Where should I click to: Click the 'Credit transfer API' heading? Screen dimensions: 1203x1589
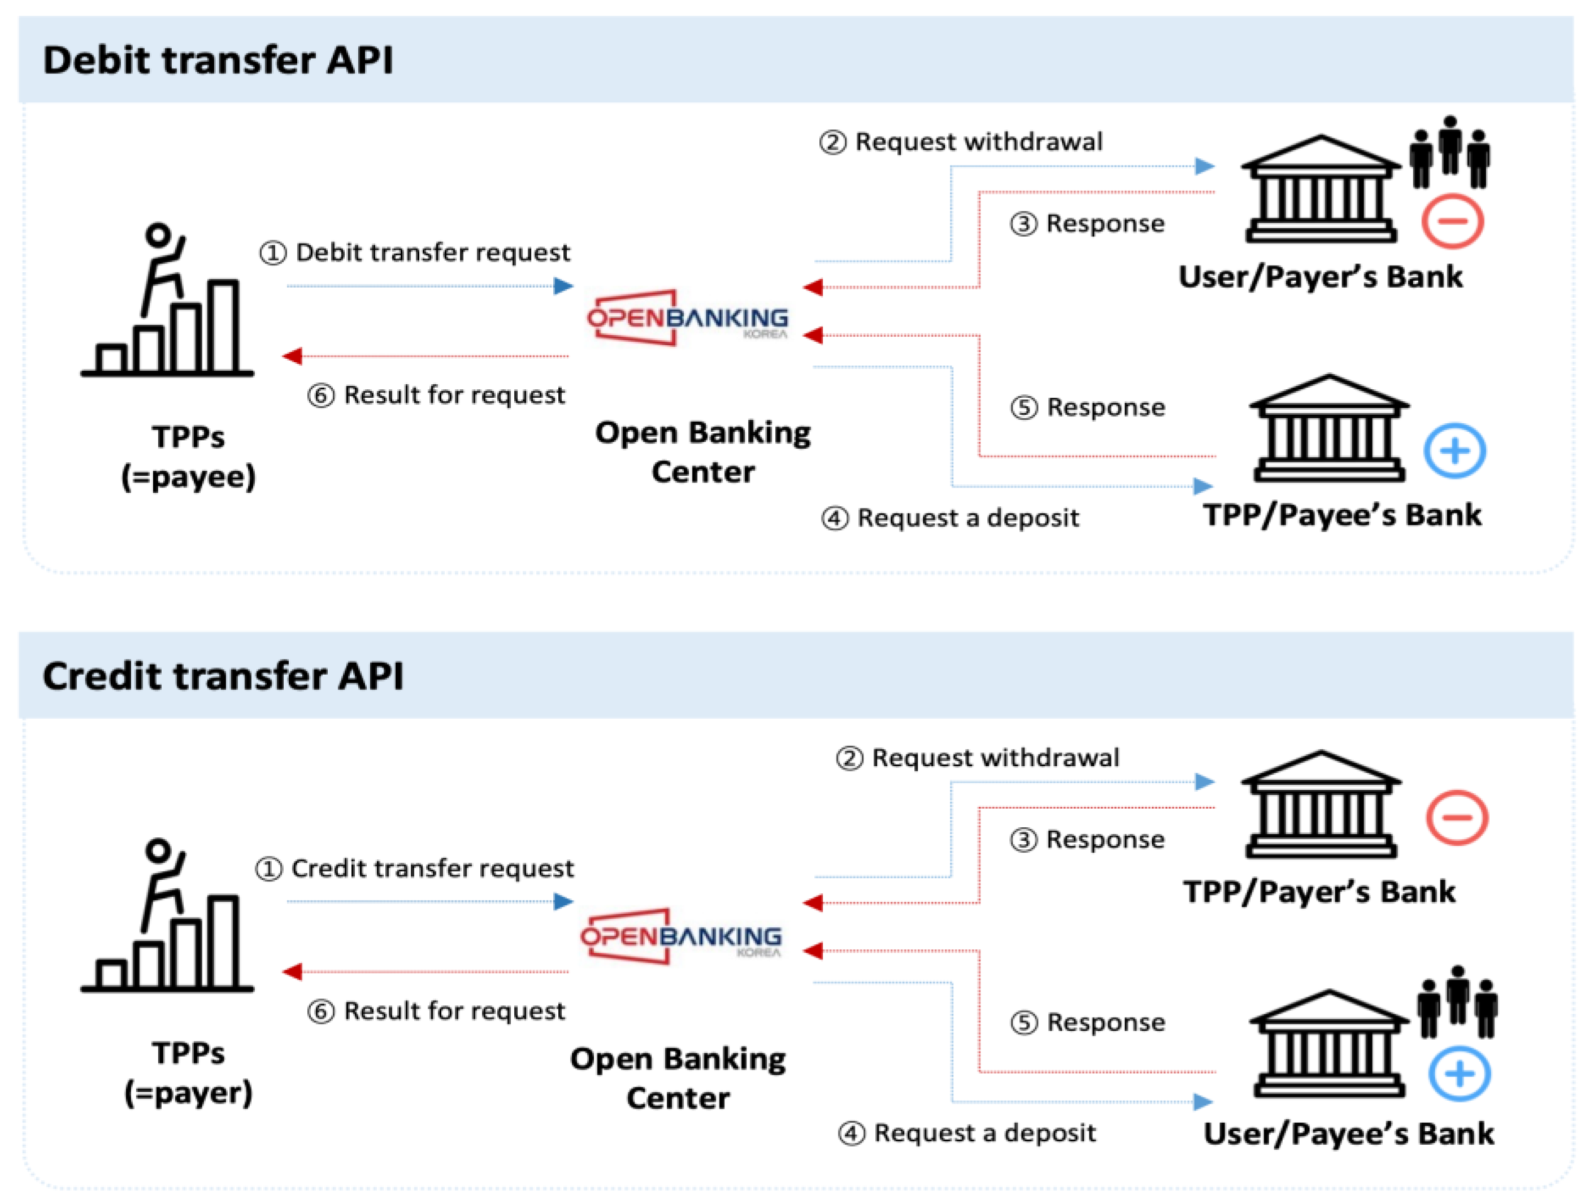tap(223, 676)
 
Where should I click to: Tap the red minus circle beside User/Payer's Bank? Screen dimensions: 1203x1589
tap(1452, 220)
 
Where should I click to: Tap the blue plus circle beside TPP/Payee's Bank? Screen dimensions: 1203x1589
tap(1455, 451)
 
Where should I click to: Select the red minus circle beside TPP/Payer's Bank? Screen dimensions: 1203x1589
tap(1457, 817)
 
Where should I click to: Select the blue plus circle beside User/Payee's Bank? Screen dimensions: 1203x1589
tap(1459, 1074)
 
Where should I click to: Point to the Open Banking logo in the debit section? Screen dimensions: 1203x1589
tap(688, 318)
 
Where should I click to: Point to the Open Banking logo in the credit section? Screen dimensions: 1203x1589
tap(681, 936)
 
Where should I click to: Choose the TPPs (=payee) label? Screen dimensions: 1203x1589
tap(188, 456)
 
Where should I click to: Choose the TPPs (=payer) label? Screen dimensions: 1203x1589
tap(188, 1072)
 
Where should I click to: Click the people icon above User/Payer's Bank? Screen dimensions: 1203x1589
tap(1449, 151)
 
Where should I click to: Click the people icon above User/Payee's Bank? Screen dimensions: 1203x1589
tap(1457, 1001)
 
